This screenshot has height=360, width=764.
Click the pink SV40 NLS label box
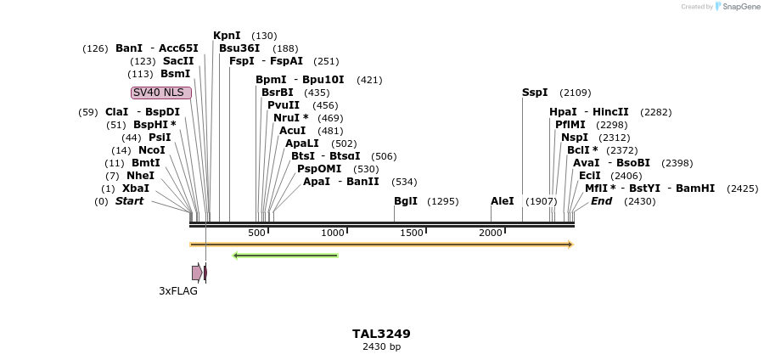click(160, 93)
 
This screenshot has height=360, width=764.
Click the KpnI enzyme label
click(227, 36)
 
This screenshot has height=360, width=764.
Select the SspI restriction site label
click(535, 93)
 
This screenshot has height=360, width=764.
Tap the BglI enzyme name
click(406, 201)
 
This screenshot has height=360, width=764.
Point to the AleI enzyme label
click(503, 201)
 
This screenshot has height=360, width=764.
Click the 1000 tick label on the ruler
click(333, 233)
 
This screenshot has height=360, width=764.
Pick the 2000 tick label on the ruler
click(491, 233)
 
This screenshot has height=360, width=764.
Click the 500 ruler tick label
click(256, 233)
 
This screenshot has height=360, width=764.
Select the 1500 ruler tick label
click(412, 233)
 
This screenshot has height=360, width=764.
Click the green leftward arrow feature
click(285, 255)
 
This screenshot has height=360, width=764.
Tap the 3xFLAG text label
click(178, 291)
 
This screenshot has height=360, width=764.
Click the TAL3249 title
click(381, 334)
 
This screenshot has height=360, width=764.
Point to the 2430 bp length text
click(381, 347)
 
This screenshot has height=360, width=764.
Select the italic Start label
click(129, 201)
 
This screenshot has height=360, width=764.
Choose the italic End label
click(601, 201)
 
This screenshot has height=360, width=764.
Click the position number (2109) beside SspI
click(576, 93)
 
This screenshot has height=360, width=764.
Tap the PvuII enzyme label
click(284, 105)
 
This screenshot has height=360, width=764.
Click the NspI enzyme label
click(575, 138)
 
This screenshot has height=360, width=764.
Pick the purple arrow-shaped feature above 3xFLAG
click(197, 273)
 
